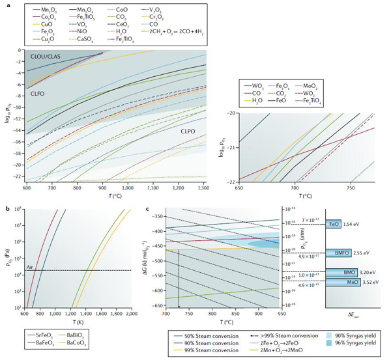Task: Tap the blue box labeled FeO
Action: point(334,223)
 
